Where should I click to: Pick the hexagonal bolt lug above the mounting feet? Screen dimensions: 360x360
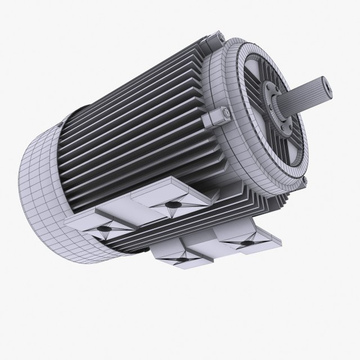click(x=217, y=119)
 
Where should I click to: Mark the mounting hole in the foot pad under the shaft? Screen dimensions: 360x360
click(x=246, y=242)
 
